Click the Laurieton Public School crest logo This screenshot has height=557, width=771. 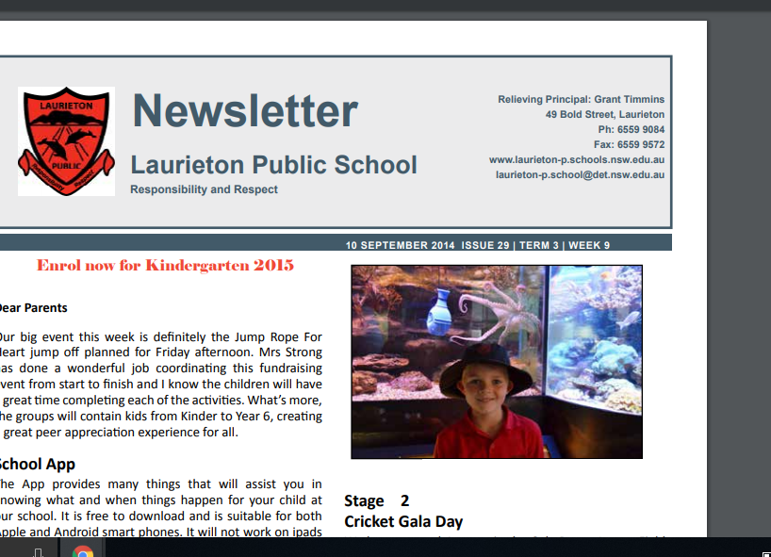tap(66, 140)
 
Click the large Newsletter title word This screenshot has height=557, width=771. tap(245, 111)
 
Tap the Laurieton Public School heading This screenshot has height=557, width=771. tap(273, 166)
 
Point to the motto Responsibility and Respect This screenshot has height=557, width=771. tap(204, 189)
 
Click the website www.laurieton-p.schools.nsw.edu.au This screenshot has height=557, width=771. tap(576, 160)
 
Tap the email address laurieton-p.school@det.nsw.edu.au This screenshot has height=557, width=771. tap(580, 174)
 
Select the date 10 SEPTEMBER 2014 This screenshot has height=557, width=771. tap(400, 246)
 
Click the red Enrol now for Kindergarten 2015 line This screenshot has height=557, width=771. tap(165, 265)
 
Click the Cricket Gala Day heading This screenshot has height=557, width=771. tap(403, 521)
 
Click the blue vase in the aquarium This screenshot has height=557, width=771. tap(440, 312)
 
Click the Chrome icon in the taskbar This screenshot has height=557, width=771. tap(83, 549)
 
